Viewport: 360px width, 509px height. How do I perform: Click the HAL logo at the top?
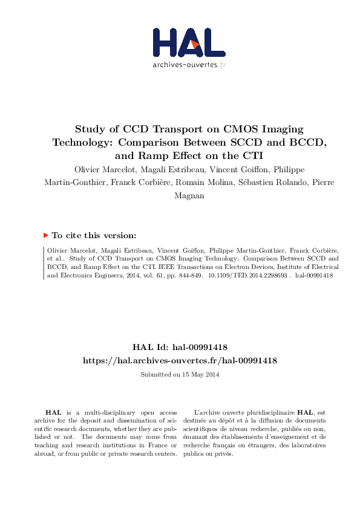187,42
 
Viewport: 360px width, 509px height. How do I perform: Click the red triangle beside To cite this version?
46,235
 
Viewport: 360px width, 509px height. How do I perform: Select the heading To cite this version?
94,236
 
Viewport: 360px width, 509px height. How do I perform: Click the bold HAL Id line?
180,347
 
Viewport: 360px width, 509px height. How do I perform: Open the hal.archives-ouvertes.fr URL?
180,360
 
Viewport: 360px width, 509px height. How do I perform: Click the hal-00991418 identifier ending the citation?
315,274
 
